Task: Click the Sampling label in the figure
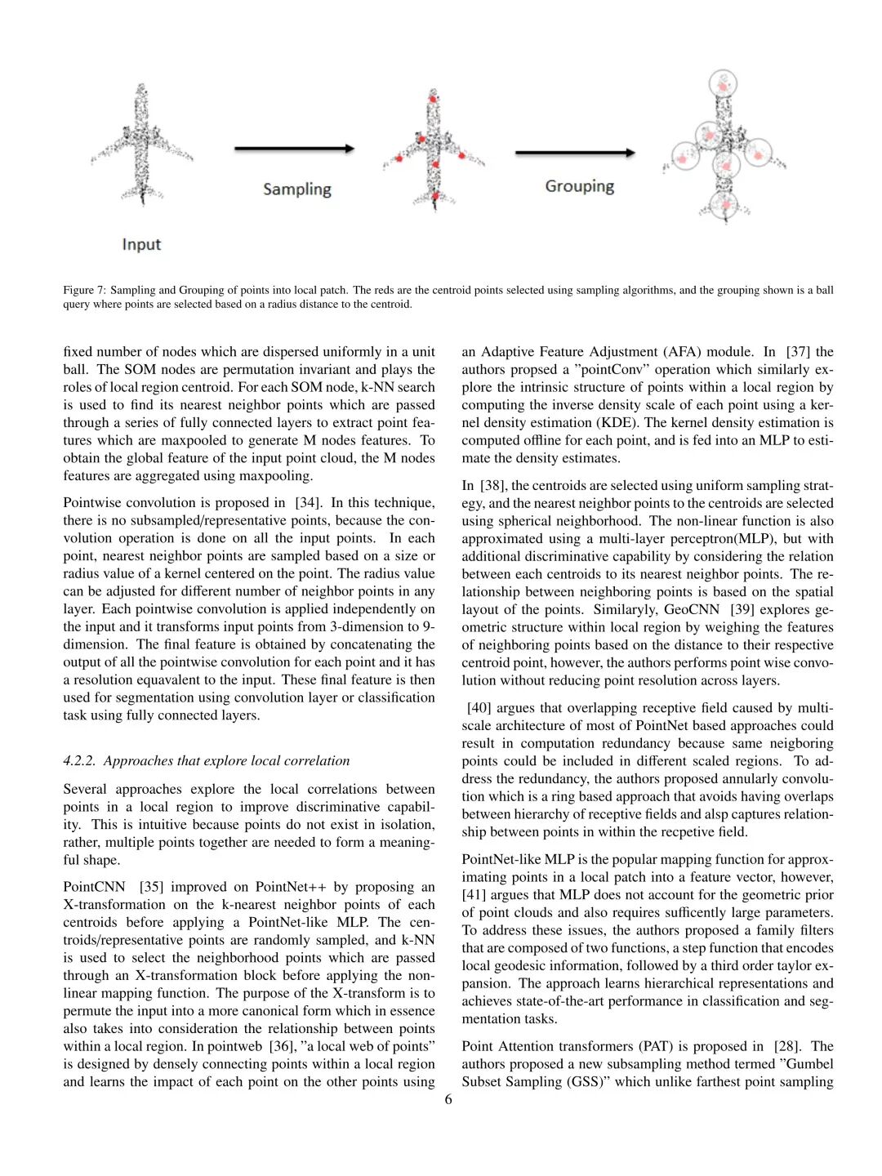296,189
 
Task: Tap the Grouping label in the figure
579,186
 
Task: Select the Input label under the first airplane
141,244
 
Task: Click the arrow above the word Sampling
294,149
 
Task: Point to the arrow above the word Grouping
575,153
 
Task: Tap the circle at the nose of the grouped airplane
724,83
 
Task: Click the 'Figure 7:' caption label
84,290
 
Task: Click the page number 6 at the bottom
448,1099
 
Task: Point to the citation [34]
308,503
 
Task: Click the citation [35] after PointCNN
152,887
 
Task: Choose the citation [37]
799,352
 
